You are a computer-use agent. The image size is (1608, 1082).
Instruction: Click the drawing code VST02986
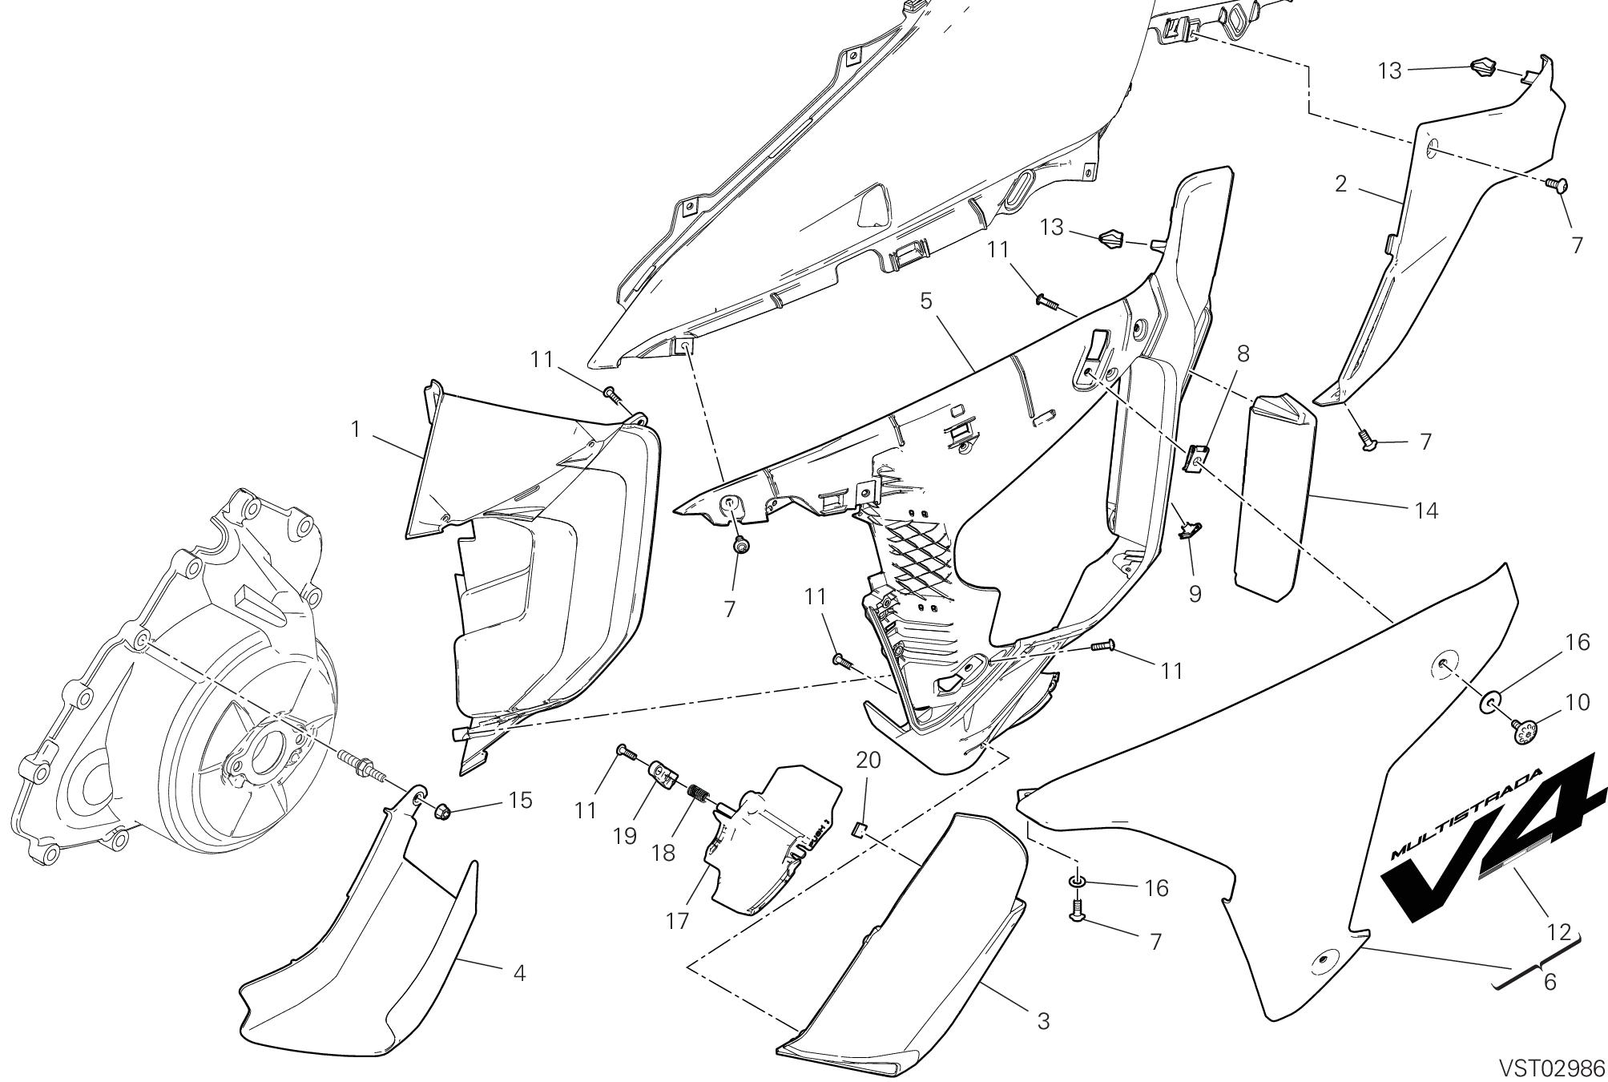pos(1553,1068)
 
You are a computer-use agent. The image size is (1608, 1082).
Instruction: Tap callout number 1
pos(356,430)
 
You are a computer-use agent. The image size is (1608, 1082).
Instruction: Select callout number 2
pos(1341,184)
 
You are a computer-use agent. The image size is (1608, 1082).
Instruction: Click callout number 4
pos(926,301)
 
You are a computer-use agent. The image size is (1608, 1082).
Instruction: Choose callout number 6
pos(1243,353)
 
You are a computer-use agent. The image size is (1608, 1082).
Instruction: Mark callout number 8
pos(1195,595)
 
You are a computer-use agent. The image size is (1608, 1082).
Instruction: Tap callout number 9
pos(1577,702)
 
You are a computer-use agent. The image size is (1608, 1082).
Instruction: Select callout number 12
pos(1426,510)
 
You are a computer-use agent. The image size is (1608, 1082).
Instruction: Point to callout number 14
pos(521,800)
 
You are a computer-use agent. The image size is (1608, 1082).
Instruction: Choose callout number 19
pos(868,760)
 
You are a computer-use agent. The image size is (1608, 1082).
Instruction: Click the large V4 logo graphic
pos(1466,812)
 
